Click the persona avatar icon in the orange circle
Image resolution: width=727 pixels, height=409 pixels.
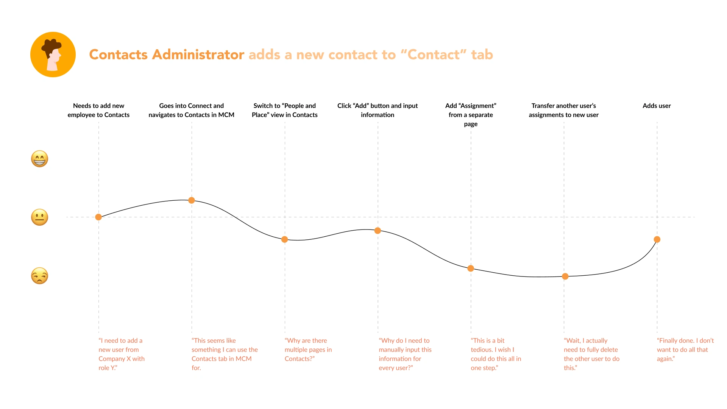coord(53,55)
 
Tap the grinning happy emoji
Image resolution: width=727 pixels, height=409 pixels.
coord(39,159)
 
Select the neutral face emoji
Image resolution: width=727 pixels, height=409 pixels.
coord(39,217)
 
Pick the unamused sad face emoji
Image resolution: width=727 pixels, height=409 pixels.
coord(39,276)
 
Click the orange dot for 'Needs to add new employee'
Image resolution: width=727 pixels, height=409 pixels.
coord(98,217)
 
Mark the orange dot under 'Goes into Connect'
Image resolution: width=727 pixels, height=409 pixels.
coord(192,200)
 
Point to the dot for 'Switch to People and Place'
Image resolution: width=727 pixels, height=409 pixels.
coord(285,239)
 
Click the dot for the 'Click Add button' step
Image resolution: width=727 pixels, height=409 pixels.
coord(378,231)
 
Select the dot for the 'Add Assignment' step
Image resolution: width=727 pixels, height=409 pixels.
coord(471,269)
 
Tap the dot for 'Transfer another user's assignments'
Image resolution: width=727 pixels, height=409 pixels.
coord(565,276)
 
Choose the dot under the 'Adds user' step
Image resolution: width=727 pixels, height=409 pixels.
coord(657,239)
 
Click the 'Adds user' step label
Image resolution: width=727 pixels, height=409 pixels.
coord(657,106)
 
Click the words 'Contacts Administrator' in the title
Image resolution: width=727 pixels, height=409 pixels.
coord(167,55)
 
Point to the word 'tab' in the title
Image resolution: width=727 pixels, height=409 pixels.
coord(482,55)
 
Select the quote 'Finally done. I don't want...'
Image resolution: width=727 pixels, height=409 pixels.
coord(685,350)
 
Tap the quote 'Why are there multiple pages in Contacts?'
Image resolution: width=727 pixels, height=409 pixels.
coord(308,350)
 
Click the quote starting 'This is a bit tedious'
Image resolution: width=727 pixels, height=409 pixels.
coord(496,354)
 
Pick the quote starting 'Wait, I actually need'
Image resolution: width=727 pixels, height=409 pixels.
coord(591,354)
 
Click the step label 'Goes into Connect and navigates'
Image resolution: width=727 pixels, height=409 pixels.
coord(191,110)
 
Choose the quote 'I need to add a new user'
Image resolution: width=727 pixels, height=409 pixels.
coord(121,354)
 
